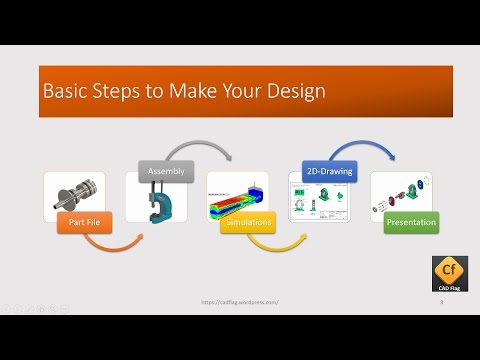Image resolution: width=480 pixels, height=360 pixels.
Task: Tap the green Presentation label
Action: click(410, 222)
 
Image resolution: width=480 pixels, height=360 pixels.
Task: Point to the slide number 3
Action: click(441, 301)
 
